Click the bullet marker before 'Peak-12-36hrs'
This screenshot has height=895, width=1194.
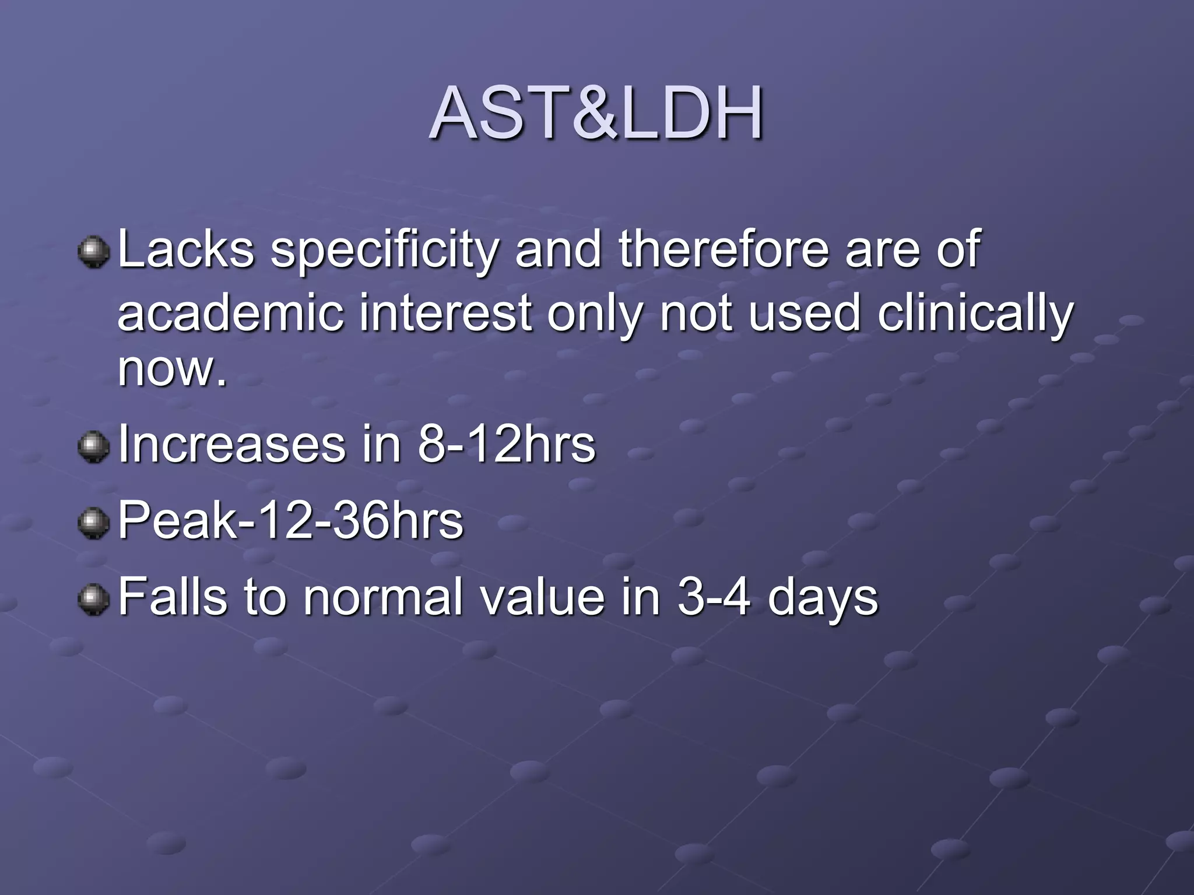[94, 523]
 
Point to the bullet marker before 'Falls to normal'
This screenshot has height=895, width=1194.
[94, 600]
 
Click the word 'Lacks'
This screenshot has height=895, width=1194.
[186, 249]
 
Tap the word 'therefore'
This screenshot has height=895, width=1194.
[723, 249]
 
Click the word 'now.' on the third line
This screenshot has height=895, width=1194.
[171, 369]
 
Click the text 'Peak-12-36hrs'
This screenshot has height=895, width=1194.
[290, 521]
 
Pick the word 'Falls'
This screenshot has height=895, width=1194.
[172, 597]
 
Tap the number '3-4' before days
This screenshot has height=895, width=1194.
[713, 597]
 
